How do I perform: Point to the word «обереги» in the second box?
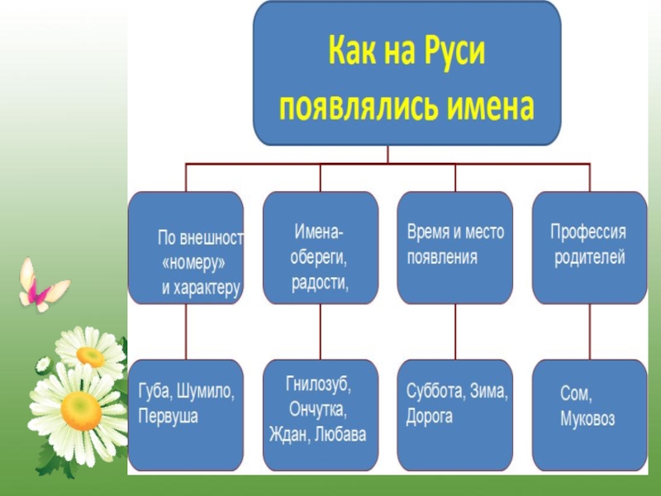(x=319, y=257)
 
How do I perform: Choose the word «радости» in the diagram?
(x=320, y=284)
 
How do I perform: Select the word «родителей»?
(x=589, y=257)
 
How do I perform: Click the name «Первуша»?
(x=169, y=416)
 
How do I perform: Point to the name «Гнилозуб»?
(x=318, y=384)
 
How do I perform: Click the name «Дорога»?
(x=430, y=417)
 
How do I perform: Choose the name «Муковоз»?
(x=587, y=419)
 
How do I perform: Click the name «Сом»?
(x=576, y=395)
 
